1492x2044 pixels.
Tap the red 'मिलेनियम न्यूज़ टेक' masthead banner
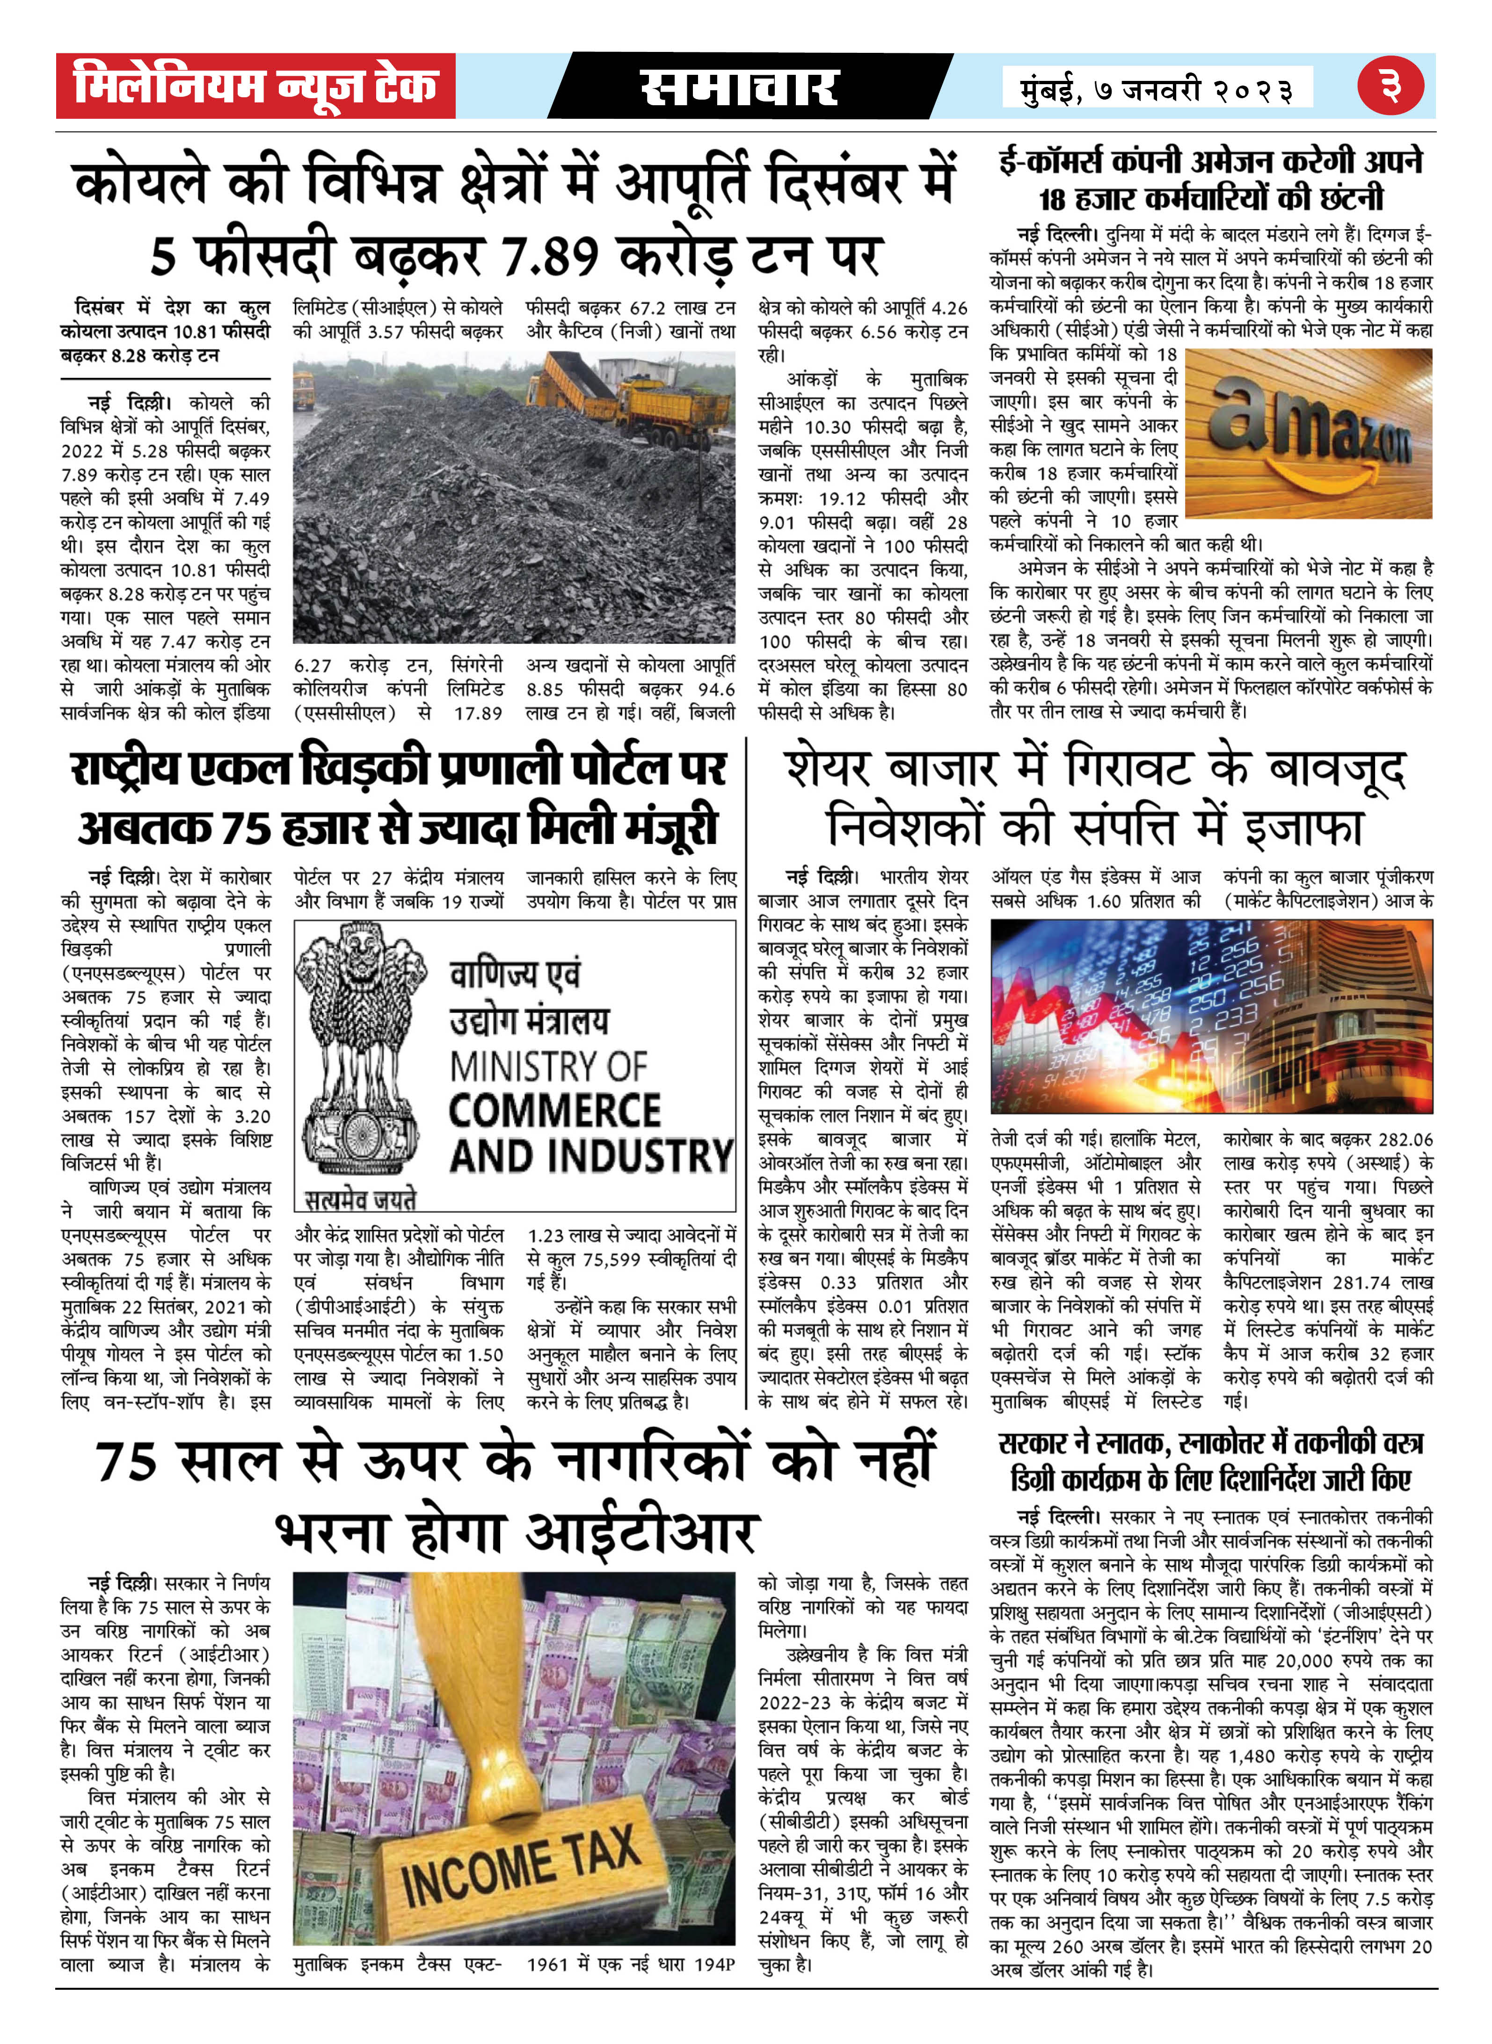click(255, 86)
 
